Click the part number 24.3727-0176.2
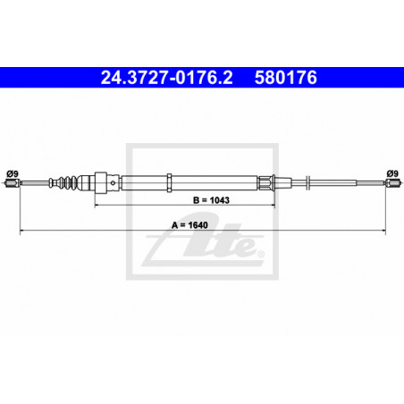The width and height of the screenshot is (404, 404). click(x=166, y=78)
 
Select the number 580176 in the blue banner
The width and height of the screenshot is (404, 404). click(x=286, y=78)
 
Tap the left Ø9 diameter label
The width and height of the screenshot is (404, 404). click(x=13, y=173)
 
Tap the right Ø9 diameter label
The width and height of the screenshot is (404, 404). click(x=392, y=173)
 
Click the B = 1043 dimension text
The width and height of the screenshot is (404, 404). click(x=211, y=200)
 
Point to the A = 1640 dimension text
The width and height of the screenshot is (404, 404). click(x=189, y=225)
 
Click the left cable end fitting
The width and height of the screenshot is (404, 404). click(x=13, y=183)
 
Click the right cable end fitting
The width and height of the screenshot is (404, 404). click(x=392, y=183)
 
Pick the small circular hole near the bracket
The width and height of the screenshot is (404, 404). click(x=113, y=183)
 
